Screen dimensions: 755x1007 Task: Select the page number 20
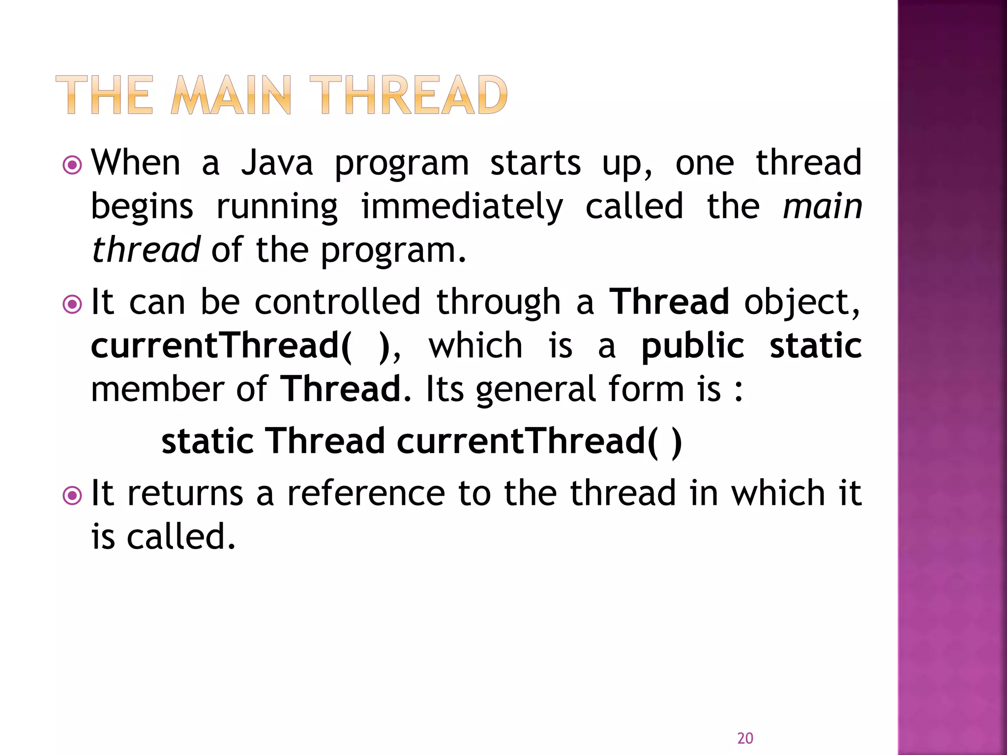pyautogui.click(x=745, y=738)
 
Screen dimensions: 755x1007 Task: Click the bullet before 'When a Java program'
pyautogui.click(x=72, y=165)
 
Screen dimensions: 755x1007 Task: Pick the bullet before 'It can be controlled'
pyautogui.click(x=72, y=304)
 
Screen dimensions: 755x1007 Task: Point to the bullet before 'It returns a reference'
pyautogui.click(x=72, y=495)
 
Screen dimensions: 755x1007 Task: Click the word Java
pyautogui.click(x=277, y=163)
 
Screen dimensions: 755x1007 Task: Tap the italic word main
pyautogui.click(x=822, y=206)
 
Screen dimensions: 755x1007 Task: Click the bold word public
pyautogui.click(x=693, y=346)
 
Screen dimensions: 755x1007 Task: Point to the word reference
pyautogui.click(x=366, y=493)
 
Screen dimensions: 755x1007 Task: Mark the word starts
pyautogui.click(x=535, y=163)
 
